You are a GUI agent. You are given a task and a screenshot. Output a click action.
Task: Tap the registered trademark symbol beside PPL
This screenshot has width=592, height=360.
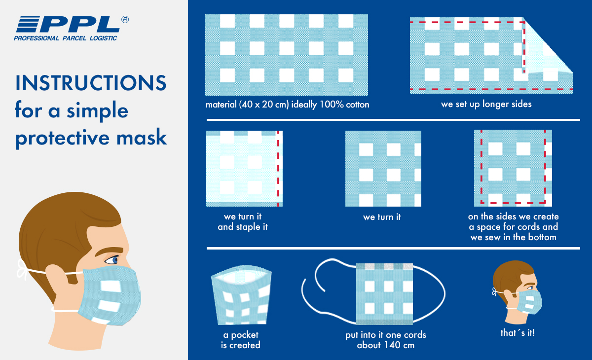tap(125, 20)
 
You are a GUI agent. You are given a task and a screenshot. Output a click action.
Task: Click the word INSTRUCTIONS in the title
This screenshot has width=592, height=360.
tap(91, 83)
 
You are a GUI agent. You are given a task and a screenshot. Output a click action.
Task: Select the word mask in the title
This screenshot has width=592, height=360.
tap(142, 138)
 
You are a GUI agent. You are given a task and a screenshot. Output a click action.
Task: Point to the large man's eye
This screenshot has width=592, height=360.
tap(112, 260)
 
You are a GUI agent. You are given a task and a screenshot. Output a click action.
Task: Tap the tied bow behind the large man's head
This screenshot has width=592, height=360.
tap(23, 269)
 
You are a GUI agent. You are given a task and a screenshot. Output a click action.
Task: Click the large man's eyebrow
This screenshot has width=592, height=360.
tap(110, 251)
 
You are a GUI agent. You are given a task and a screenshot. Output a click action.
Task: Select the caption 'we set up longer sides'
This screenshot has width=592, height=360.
tap(486, 104)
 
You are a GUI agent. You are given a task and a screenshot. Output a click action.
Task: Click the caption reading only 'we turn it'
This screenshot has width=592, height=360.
tap(382, 217)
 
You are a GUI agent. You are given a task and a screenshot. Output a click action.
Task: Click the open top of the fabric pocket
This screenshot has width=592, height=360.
tap(241, 275)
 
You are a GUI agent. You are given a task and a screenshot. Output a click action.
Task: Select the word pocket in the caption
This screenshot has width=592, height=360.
tap(245, 335)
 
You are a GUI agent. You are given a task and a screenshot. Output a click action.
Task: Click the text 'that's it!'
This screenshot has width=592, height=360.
tap(518, 332)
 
